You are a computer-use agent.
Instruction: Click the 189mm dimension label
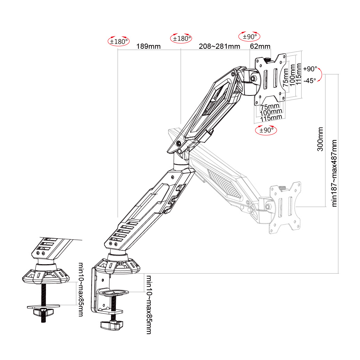coord(149,46)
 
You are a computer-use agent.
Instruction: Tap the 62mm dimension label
coord(260,46)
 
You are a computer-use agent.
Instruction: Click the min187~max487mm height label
coord(335,173)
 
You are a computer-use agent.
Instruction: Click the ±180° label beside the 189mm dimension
coord(119,41)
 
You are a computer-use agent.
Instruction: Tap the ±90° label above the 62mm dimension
coord(249,36)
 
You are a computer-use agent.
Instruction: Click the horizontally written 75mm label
coord(270,107)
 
